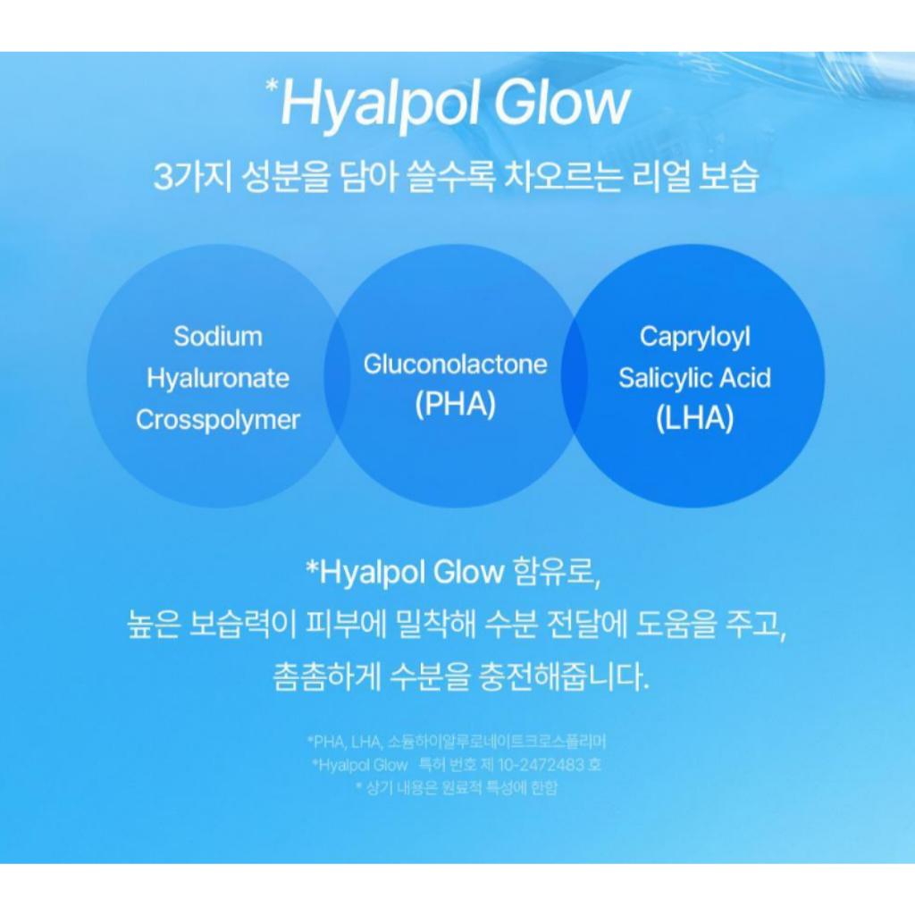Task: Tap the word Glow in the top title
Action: click(560, 105)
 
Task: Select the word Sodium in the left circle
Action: click(218, 337)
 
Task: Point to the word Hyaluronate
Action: click(218, 378)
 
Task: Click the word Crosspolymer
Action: click(218, 420)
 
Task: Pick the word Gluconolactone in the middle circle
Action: click(455, 365)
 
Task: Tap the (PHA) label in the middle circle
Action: click(455, 404)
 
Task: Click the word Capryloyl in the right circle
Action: click(694, 337)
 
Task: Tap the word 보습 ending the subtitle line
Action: click(730, 176)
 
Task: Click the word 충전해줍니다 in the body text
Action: click(562, 676)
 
